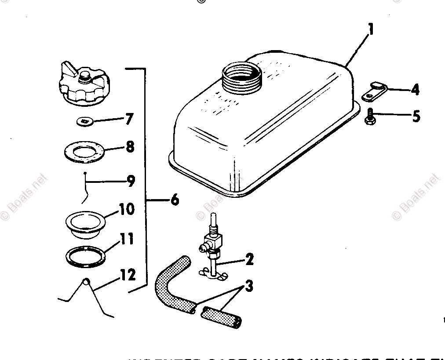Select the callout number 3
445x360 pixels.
coord(249,287)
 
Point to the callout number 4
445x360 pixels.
coord(415,90)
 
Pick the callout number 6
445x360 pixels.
coord(174,200)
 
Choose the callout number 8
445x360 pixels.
coord(130,146)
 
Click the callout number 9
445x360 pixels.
coord(131,181)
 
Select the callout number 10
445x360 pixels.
coord(127,209)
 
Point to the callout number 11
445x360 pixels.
coord(127,240)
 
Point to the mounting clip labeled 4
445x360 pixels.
coord(373,91)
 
